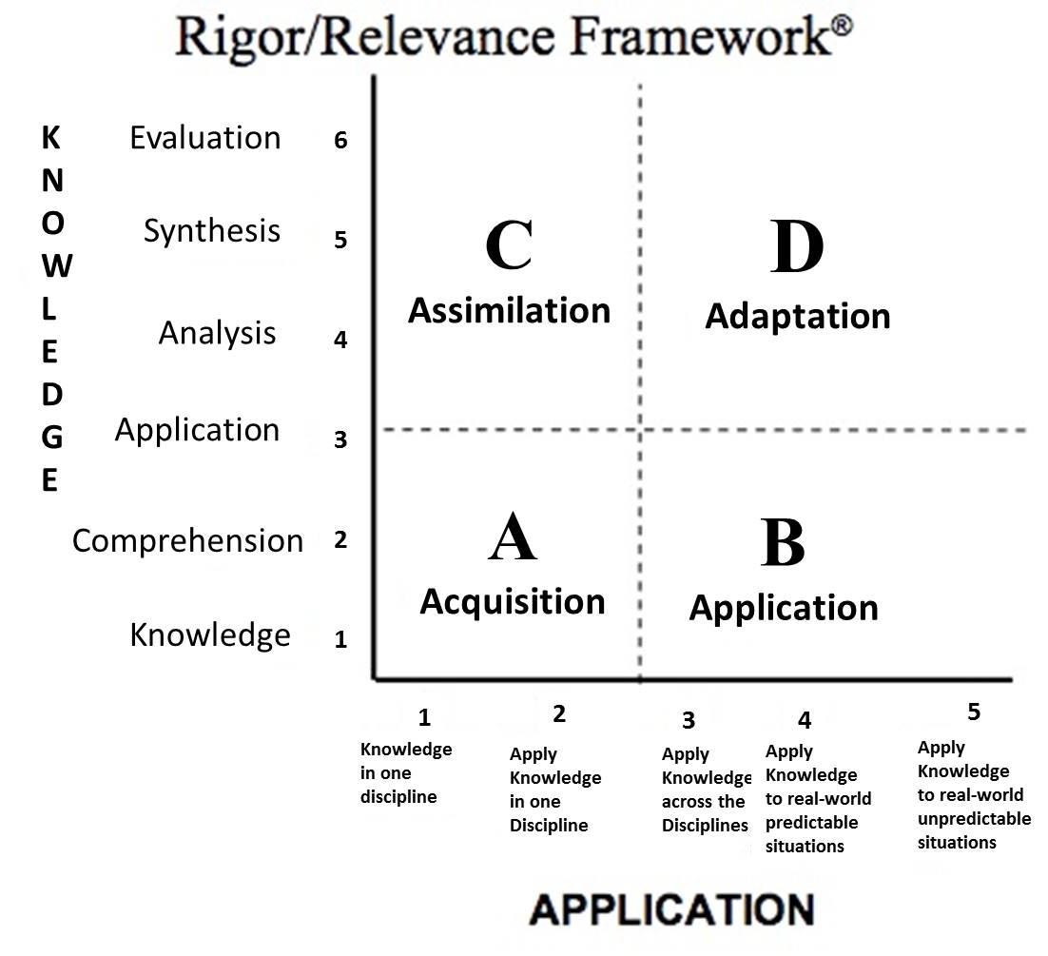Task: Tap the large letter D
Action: (797, 247)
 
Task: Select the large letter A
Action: (513, 538)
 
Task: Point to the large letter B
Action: (783, 543)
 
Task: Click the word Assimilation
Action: (509, 311)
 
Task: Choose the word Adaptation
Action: (797, 316)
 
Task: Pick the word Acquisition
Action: (513, 602)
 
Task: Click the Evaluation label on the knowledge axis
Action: (205, 138)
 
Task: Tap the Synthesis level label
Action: (212, 230)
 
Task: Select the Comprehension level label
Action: (188, 540)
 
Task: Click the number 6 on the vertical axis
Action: (341, 141)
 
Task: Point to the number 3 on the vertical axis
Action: (341, 439)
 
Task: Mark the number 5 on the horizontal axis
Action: (973, 711)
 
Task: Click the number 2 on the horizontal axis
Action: (559, 713)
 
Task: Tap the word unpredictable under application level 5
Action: (974, 819)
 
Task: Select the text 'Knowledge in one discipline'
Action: (406, 772)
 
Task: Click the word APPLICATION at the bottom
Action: (671, 908)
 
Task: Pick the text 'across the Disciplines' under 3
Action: (705, 814)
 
